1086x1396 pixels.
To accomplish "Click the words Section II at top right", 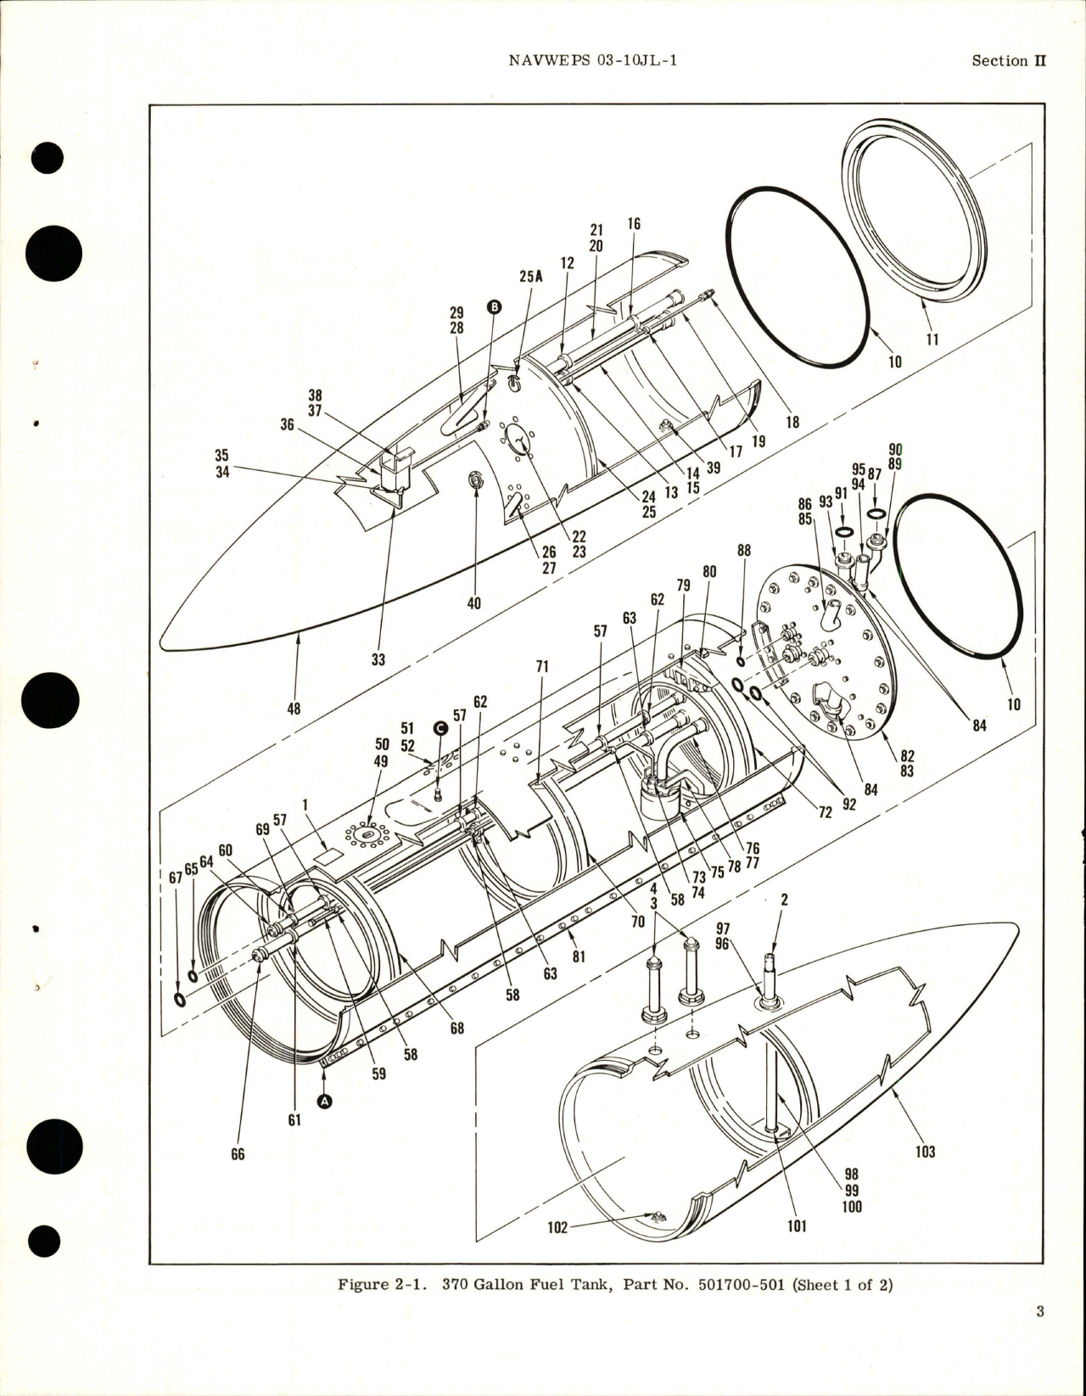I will click(1009, 61).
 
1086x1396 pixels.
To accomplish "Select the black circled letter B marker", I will click(494, 307).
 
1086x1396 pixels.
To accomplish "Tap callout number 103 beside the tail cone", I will click(925, 1152).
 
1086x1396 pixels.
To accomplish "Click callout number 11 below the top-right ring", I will click(932, 339).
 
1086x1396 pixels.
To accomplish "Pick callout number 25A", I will click(530, 277).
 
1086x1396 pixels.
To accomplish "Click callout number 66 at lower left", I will click(238, 1154).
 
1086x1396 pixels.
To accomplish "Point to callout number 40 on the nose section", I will click(473, 603).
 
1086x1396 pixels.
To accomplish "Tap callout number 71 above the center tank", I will click(542, 668).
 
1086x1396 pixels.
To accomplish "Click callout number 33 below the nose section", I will click(378, 659).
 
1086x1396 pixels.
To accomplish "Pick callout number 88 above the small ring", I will click(743, 551).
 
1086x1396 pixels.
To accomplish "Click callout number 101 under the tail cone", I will click(797, 1226).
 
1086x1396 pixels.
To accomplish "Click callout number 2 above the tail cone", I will click(783, 900).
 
